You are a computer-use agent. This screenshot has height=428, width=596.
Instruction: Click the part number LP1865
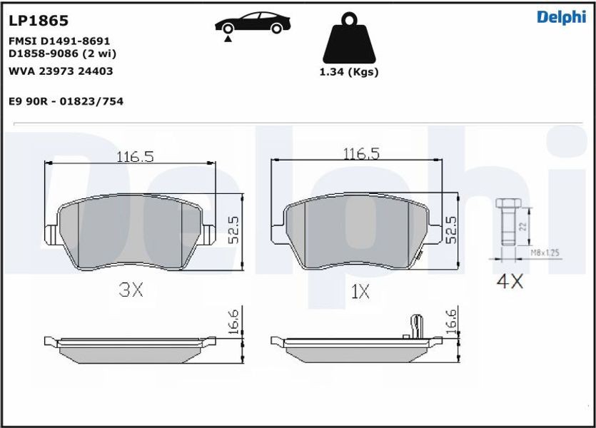tap(39, 21)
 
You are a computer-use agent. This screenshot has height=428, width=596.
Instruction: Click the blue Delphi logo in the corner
tap(562, 17)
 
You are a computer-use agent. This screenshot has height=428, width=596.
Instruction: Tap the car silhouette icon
tap(253, 23)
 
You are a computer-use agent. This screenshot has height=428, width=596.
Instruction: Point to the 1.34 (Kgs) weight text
tap(349, 72)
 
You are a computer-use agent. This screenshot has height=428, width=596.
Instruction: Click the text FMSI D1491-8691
tap(59, 41)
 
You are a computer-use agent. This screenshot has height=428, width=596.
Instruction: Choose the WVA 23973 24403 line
tap(61, 71)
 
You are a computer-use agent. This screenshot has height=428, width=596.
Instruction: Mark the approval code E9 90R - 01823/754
tap(66, 101)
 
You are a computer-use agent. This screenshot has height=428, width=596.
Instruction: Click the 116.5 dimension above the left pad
tap(135, 156)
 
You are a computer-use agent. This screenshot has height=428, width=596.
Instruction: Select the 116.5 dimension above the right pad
tap(361, 154)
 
